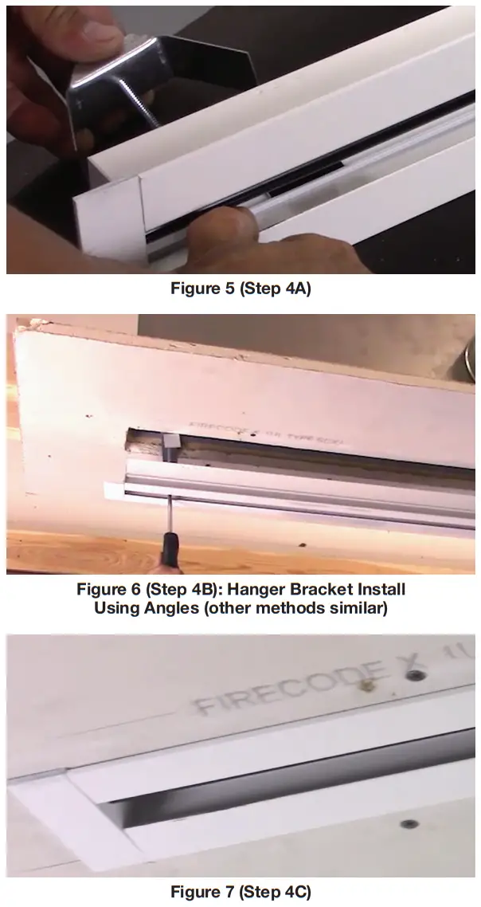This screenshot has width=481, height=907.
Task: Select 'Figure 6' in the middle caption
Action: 109,590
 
